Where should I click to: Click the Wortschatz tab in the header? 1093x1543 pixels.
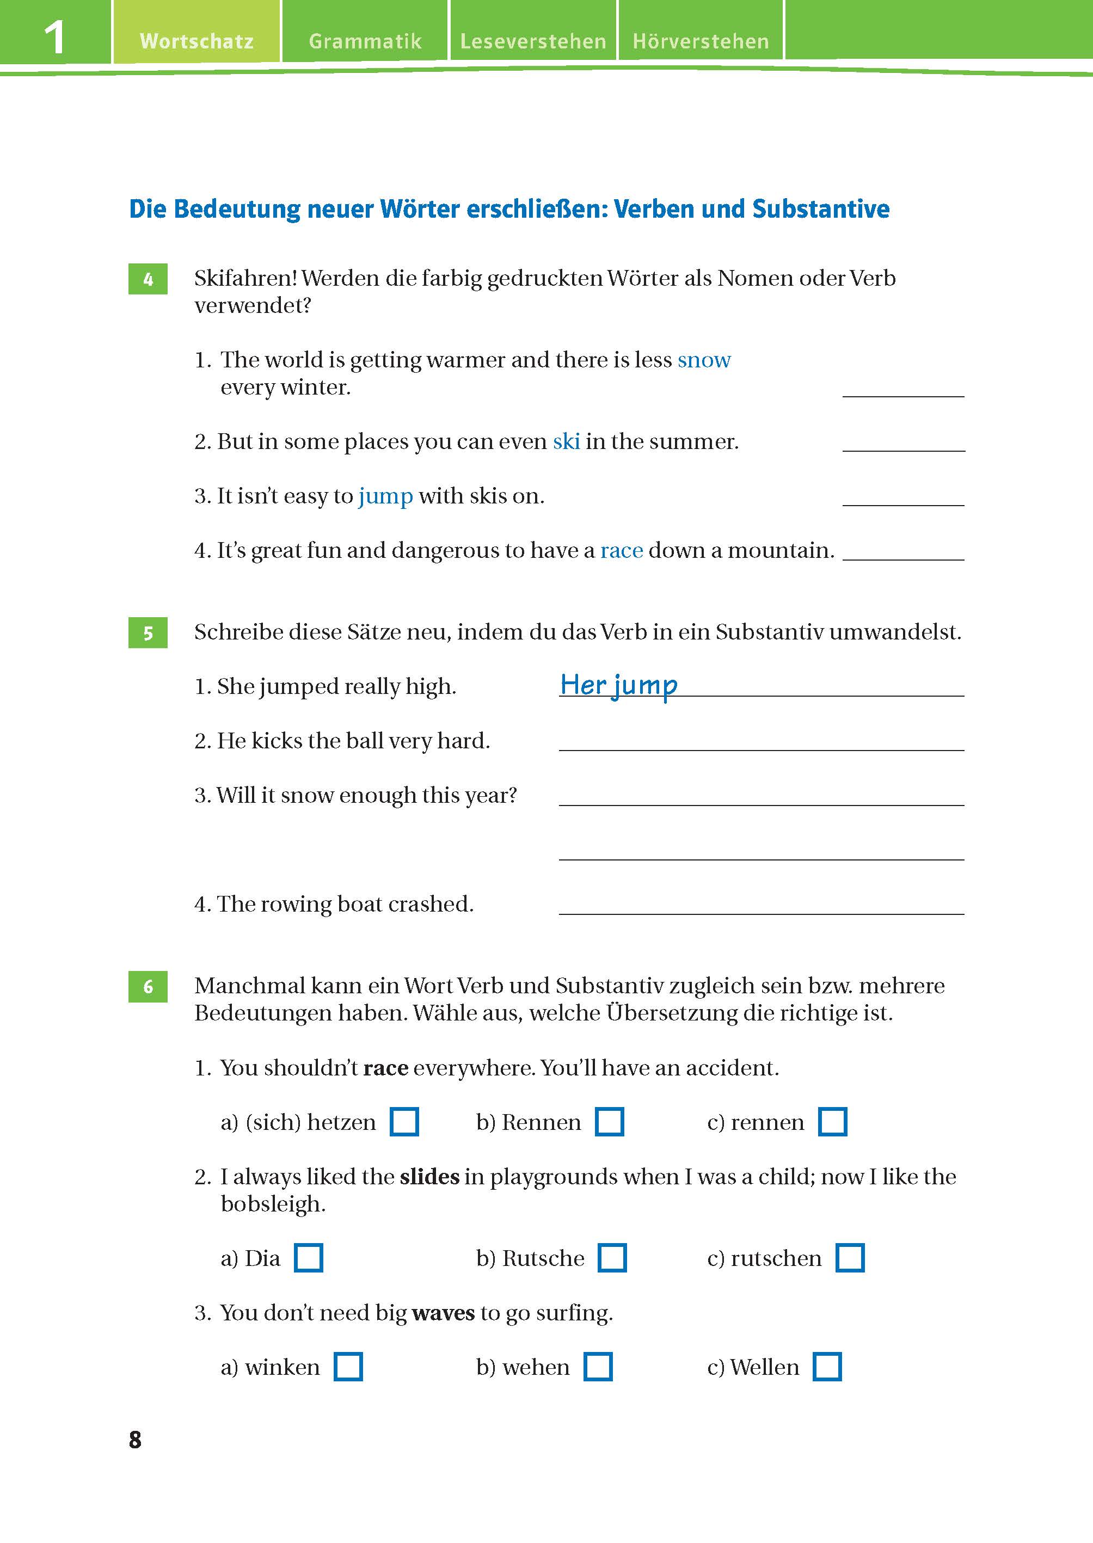pyautogui.click(x=197, y=41)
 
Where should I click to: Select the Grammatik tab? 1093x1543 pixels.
pyautogui.click(x=365, y=41)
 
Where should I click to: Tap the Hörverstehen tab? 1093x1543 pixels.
pyautogui.click(x=701, y=41)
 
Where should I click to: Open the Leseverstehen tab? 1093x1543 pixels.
pyautogui.click(x=533, y=41)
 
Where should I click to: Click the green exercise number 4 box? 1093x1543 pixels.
pyautogui.click(x=148, y=279)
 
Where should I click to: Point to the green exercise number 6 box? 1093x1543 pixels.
pyautogui.click(x=148, y=987)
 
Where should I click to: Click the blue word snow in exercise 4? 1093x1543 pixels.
pyautogui.click(x=703, y=360)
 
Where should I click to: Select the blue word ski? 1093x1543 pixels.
pyautogui.click(x=566, y=441)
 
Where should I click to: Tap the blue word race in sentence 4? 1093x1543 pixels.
pyautogui.click(x=621, y=550)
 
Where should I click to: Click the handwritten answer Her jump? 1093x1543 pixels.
pyautogui.click(x=618, y=685)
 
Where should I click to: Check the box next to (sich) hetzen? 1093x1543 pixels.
pyautogui.click(x=404, y=1122)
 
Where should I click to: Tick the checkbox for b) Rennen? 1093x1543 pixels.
pyautogui.click(x=609, y=1122)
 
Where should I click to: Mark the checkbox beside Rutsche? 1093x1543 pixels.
pyautogui.click(x=612, y=1258)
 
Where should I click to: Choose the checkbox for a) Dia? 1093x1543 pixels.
pyautogui.click(x=308, y=1258)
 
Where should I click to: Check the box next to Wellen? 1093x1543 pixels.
pyautogui.click(x=827, y=1367)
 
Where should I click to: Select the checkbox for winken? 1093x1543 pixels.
pyautogui.click(x=348, y=1367)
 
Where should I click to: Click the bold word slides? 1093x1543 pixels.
pyautogui.click(x=429, y=1176)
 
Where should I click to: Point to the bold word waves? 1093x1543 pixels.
pyautogui.click(x=443, y=1312)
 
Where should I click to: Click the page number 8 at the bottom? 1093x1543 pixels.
pyautogui.click(x=136, y=1440)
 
